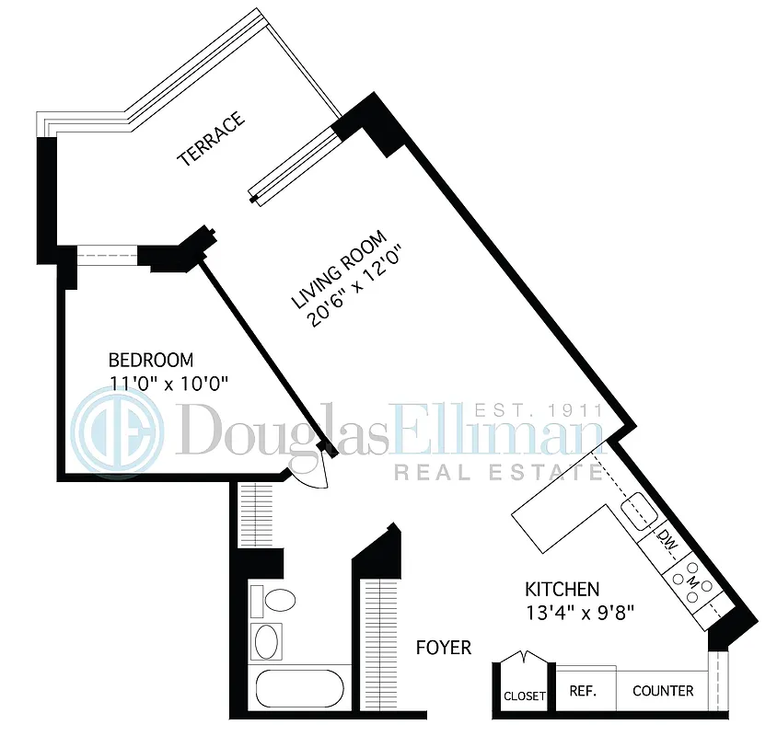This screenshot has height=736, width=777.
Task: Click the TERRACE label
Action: pos(212,139)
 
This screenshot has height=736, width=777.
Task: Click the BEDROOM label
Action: pos(151,360)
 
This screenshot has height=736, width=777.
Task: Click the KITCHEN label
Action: pos(562,589)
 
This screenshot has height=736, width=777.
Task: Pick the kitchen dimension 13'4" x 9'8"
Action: pos(576,610)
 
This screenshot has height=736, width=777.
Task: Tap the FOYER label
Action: pos(443,648)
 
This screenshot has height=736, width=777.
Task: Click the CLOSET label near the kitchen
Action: pos(524,696)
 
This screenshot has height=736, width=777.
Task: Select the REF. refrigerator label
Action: pos(580,691)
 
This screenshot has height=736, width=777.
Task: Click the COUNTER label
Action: pos(663,691)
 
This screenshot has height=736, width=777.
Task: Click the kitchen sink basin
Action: pos(638,508)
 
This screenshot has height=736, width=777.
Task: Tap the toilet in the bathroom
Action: pos(277,603)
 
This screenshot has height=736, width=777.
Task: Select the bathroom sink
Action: pos(267,640)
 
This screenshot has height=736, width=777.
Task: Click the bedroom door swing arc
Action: pos(309,473)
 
